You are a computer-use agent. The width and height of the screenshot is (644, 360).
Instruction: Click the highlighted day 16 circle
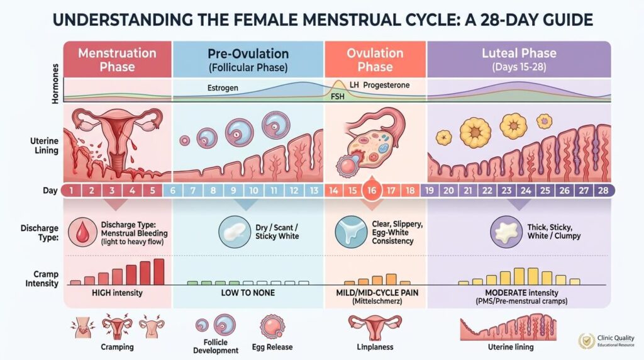pos(371,190)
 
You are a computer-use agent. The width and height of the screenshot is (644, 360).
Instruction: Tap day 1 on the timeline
pos(72,191)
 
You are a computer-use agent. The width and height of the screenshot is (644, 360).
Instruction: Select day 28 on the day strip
pos(603,191)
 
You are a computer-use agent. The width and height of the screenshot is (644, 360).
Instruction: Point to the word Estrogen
pos(223,88)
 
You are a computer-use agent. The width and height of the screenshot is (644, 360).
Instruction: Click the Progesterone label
pos(386,85)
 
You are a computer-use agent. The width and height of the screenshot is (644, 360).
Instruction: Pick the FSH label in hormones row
pos(338,96)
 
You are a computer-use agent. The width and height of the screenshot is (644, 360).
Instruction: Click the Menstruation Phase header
pos(117,60)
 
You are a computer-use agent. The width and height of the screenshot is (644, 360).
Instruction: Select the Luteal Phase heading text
pos(519,53)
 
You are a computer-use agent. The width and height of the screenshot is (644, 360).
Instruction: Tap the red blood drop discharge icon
pos(82,232)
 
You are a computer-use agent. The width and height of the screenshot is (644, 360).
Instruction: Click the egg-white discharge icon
pos(351,232)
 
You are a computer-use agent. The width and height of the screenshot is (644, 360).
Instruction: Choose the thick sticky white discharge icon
pos(506,232)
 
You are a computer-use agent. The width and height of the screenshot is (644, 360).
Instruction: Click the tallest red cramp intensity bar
pos(159,272)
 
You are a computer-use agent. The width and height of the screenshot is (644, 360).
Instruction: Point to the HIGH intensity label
pos(117,293)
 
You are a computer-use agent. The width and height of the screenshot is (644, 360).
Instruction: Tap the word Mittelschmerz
pos(377,301)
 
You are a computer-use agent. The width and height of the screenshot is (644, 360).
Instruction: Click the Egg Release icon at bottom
pos(272,327)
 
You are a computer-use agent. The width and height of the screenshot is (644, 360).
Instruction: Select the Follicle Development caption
pos(216,346)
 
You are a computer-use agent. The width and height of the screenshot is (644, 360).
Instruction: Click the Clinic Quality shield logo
pos(587,340)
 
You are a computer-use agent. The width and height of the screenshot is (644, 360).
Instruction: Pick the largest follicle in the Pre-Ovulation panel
pos(276,125)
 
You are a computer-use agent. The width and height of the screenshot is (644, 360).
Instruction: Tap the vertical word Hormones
pos(56,84)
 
